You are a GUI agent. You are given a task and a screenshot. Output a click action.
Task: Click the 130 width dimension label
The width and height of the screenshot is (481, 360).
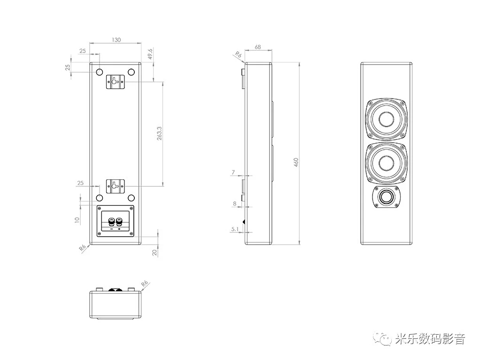[116, 40]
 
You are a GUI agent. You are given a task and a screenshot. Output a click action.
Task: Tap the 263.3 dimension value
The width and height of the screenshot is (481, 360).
[160, 133]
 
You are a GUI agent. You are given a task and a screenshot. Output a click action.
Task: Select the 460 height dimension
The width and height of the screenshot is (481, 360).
[296, 162]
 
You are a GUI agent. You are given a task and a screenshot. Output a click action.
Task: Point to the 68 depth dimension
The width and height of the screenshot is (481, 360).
[258, 47]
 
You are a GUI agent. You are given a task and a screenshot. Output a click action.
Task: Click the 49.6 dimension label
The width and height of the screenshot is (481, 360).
[150, 54]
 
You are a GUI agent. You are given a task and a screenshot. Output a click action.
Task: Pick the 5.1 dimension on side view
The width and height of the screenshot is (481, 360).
[235, 229]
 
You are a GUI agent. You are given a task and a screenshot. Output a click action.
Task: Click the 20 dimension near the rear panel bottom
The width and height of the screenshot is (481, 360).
[155, 252]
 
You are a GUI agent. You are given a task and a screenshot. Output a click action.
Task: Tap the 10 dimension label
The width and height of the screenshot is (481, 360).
[77, 220]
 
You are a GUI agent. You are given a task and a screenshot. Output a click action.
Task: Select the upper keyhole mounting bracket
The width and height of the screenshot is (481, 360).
[116, 82]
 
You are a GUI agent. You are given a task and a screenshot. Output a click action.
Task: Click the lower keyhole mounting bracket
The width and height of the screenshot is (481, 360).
[116, 186]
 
